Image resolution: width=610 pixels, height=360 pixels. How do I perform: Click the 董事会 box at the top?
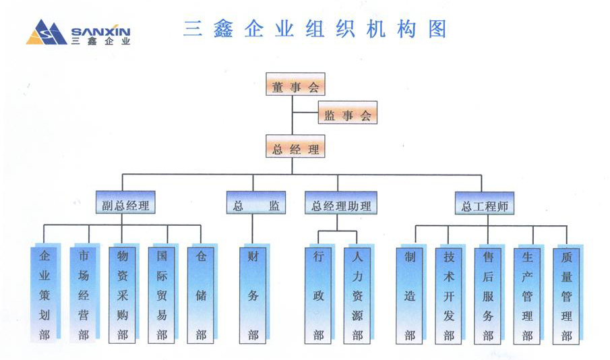coord(295,86)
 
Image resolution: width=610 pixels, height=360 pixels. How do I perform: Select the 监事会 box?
coord(347,115)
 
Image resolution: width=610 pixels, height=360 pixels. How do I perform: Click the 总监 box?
coord(255,205)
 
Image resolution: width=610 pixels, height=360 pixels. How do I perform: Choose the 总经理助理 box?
coord(341,205)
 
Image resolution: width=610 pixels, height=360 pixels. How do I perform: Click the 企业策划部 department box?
coord(44,295)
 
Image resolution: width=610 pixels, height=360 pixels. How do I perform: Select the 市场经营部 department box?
coord(84,295)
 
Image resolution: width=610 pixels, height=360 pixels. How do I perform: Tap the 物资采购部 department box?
coord(123,295)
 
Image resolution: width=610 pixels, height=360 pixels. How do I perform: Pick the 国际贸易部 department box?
coord(162,295)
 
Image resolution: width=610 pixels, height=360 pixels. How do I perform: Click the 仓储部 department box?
coord(201,295)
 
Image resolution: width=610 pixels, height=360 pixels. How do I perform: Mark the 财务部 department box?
coord(253,295)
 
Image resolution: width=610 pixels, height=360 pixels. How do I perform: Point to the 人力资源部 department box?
coord(357,295)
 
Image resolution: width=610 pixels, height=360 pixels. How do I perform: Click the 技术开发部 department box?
coord(449,295)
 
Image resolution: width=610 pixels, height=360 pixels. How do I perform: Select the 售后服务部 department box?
coord(488,295)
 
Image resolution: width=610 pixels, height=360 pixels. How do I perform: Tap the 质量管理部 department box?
coord(566,295)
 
